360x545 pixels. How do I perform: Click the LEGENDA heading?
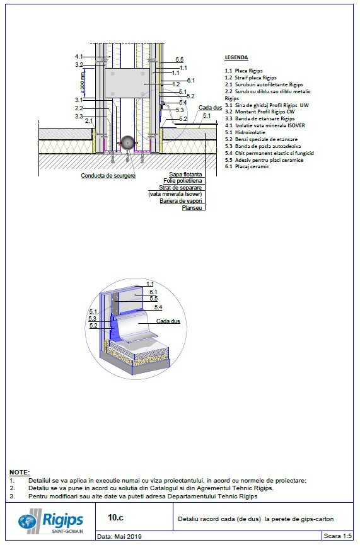236,57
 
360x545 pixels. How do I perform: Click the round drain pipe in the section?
129,143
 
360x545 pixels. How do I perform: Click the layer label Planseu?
192,208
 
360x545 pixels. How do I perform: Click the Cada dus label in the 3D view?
168,321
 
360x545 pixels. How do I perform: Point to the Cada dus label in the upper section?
210,108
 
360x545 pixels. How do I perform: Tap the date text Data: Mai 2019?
120,537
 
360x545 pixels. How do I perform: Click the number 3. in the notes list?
13,496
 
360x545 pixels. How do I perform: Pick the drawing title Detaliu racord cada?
256,519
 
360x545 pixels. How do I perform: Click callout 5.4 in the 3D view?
158,307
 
